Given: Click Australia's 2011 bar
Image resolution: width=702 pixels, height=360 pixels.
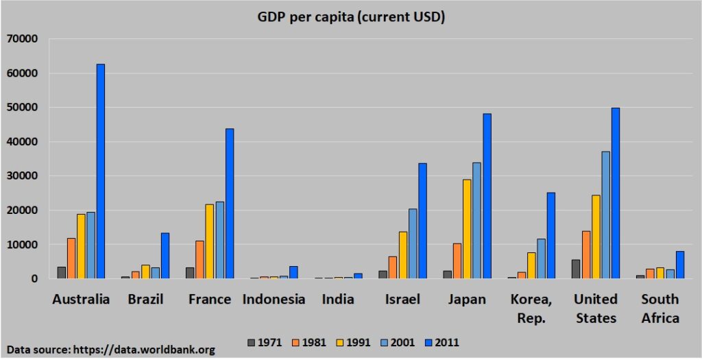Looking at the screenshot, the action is coord(101,171).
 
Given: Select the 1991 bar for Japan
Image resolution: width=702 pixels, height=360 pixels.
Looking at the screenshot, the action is coord(467,229).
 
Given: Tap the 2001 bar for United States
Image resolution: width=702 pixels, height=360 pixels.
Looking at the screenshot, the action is coord(606,215).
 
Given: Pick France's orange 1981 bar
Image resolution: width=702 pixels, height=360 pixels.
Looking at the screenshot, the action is coord(199,260).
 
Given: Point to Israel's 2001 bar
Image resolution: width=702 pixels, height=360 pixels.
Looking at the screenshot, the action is coord(412,243).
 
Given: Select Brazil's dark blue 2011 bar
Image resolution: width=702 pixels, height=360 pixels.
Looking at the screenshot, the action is coord(165,256).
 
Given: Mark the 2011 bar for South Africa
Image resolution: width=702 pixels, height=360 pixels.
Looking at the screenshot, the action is coord(680,265).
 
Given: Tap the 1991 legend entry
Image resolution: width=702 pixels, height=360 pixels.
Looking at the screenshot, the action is coord(354,343).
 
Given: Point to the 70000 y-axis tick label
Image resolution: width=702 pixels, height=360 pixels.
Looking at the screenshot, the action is coord(23,39).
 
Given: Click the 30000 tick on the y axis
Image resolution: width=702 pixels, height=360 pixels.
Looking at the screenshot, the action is coord(23,176).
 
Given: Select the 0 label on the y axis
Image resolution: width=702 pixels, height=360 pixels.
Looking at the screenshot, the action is coord(35,279).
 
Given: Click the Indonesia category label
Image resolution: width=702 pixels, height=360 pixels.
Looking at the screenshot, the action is coord(274,299).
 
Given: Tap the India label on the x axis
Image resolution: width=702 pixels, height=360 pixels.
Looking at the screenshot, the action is coord(338,299).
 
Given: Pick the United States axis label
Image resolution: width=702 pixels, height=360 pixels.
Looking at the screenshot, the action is coord(596,309).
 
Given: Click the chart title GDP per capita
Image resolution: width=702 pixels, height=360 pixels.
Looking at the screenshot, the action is coord(351,18).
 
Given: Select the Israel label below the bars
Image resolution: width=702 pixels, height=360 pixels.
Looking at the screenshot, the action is coord(403,299).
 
